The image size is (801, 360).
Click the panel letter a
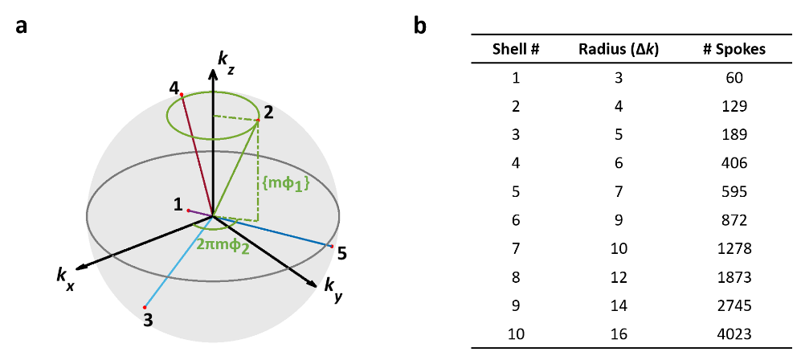[x=21, y=25]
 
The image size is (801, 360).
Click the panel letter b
[x=419, y=26]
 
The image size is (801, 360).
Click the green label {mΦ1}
[x=286, y=184]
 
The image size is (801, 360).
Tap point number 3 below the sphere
[x=147, y=320]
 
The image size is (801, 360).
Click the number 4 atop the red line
[x=174, y=86]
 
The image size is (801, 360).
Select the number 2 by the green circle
[x=268, y=113]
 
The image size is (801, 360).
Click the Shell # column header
[x=515, y=49]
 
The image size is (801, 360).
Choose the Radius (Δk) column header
[x=619, y=49]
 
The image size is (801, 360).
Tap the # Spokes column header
[x=734, y=49]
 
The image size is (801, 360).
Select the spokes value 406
[x=734, y=163]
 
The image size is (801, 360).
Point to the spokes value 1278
[x=734, y=248]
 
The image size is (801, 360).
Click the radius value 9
[x=619, y=220]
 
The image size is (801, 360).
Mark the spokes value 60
[x=734, y=78]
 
